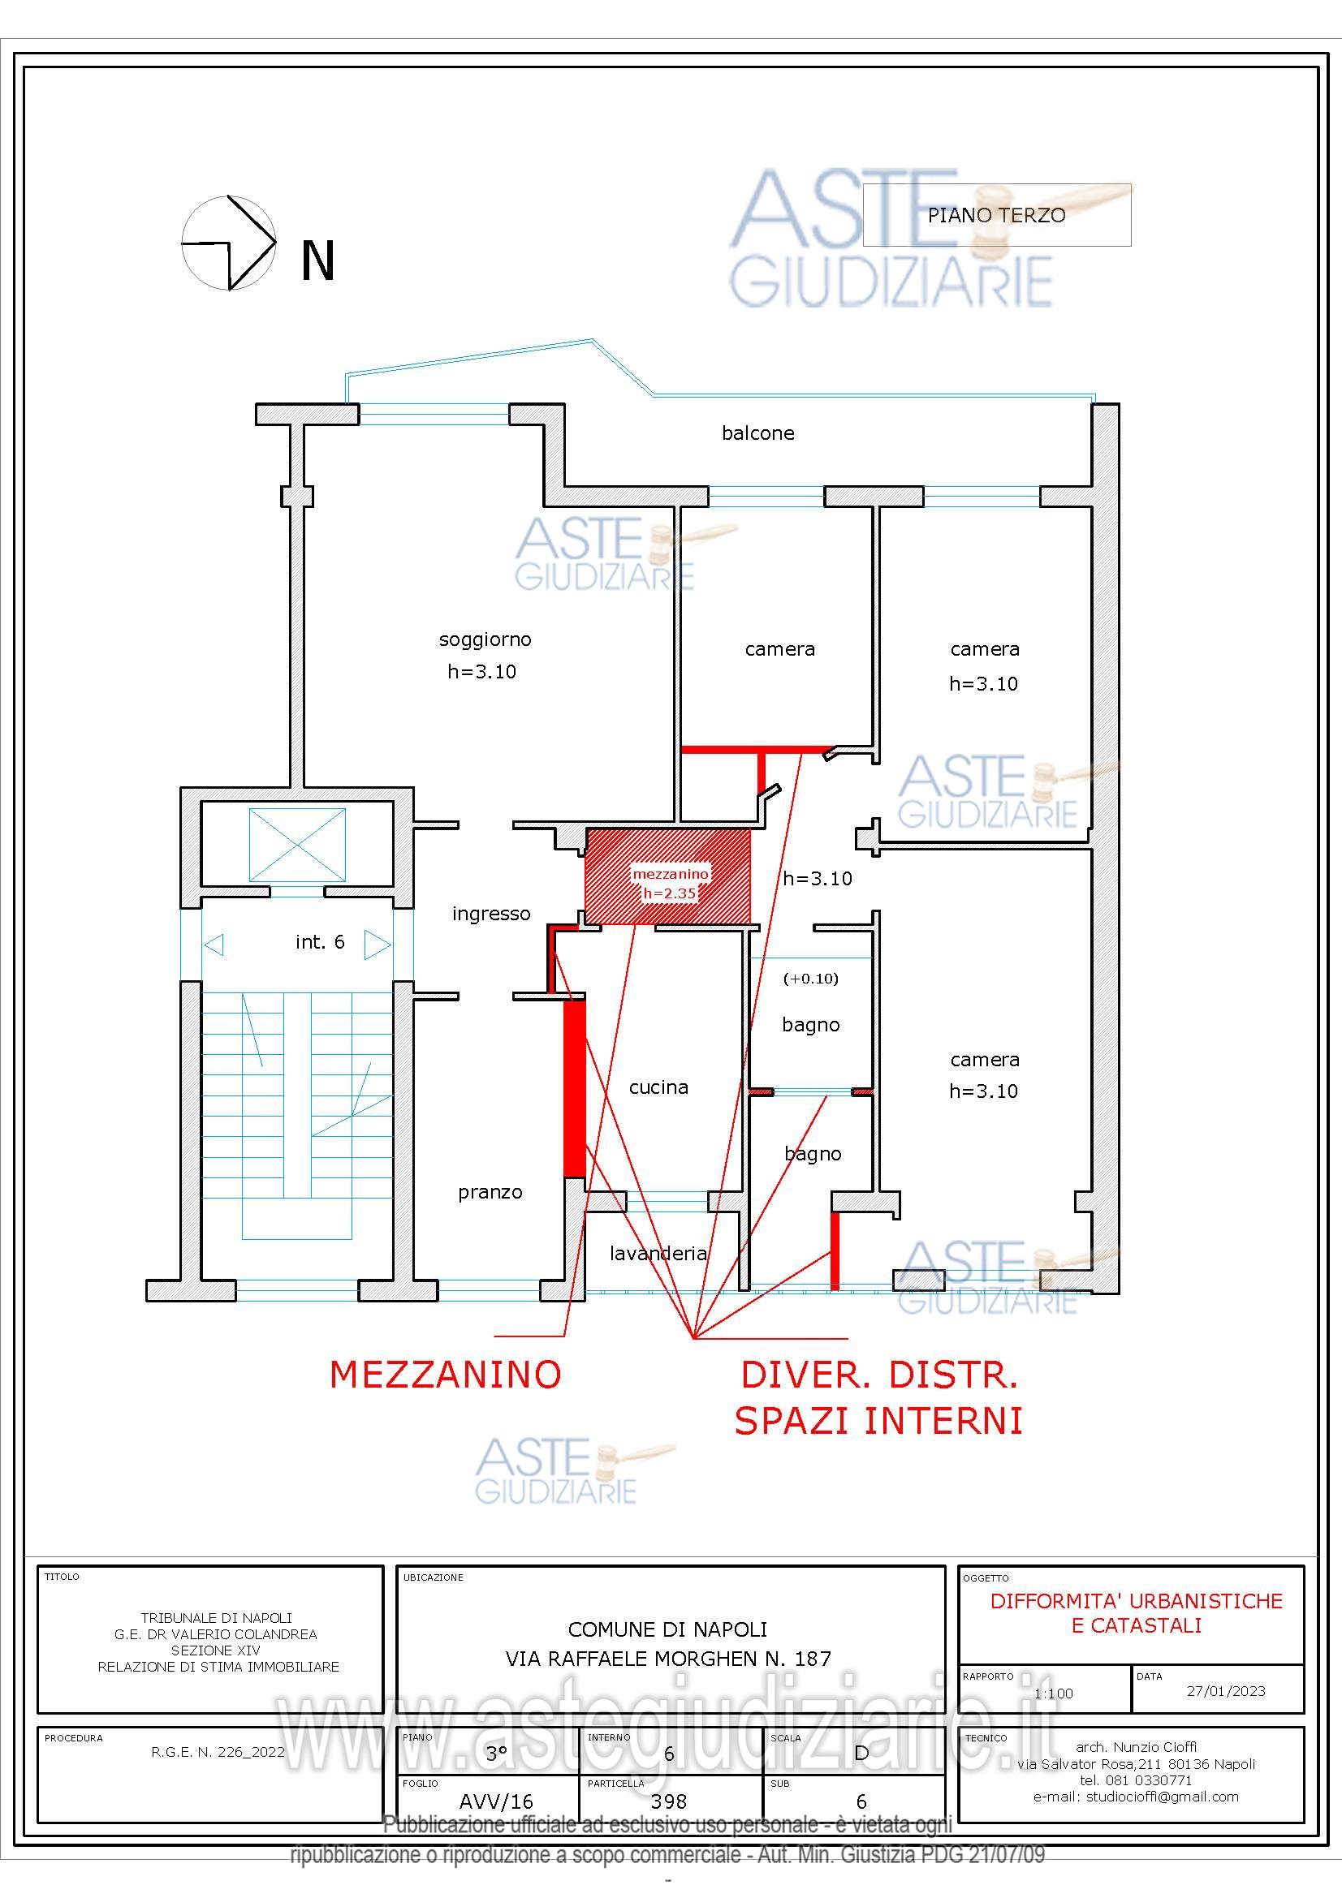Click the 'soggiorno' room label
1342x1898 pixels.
(485, 639)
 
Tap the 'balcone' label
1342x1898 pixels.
(757, 433)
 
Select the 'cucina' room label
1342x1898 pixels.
(658, 1087)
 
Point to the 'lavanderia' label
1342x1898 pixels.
(658, 1253)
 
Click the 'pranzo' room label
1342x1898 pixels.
(490, 1192)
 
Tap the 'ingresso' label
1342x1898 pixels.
(491, 914)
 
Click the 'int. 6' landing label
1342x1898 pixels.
(319, 941)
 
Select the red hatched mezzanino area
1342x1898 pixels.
(668, 876)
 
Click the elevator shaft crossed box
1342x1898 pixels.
(297, 845)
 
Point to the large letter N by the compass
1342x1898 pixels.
(317, 260)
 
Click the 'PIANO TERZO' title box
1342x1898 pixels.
(996, 215)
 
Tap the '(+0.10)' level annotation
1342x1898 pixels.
(810, 979)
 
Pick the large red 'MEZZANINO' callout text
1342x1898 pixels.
(446, 1374)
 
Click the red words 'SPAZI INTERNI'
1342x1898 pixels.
(878, 1420)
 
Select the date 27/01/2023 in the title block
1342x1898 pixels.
(1225, 1690)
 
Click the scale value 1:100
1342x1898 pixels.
(1054, 1693)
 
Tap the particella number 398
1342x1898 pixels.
(669, 1801)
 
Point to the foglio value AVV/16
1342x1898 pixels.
(496, 1801)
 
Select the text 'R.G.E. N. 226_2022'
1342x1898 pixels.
(218, 1751)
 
